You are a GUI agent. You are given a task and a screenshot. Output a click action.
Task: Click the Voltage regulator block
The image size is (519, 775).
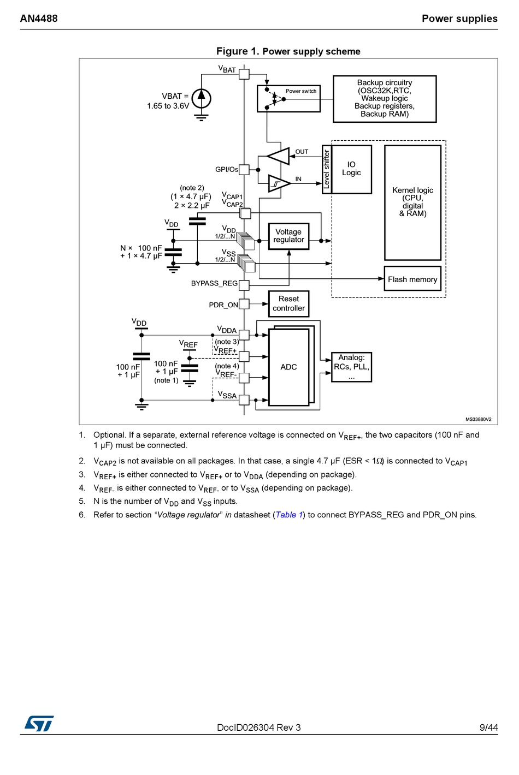(x=288, y=236)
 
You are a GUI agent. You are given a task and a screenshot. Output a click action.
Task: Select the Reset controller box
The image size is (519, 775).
(x=288, y=303)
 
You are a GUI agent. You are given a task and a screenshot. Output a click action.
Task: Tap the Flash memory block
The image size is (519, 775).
(x=412, y=278)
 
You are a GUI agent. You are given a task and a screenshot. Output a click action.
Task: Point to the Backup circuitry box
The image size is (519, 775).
(x=384, y=99)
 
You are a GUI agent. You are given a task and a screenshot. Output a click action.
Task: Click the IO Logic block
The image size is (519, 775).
(x=351, y=169)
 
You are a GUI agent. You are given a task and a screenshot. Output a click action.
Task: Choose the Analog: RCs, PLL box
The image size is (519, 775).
(x=351, y=367)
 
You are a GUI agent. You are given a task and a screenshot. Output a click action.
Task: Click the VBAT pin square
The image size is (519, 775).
(x=244, y=74)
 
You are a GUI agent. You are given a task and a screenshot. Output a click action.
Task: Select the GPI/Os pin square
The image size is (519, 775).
(x=244, y=170)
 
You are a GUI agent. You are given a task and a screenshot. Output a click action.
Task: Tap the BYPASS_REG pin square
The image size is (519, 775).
(x=244, y=285)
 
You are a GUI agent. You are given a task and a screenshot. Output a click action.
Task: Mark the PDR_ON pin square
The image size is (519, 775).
(x=244, y=304)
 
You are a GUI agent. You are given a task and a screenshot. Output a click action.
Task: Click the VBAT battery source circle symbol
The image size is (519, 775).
(x=201, y=99)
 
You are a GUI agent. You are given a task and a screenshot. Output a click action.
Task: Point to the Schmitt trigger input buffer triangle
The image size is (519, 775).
(x=279, y=183)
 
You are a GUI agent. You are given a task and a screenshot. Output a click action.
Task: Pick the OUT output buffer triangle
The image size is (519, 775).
(x=278, y=156)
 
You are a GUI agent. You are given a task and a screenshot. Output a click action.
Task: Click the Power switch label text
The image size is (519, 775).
(x=301, y=91)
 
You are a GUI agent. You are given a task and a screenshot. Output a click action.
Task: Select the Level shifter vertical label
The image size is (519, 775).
(x=327, y=169)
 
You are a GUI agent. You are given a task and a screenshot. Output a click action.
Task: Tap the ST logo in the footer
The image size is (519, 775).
(x=39, y=723)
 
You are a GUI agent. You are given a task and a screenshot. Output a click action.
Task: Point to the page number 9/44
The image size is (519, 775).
(x=488, y=728)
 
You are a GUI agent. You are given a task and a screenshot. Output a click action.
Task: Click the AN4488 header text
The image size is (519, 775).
(x=39, y=19)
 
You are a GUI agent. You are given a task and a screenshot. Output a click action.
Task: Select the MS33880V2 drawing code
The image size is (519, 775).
(x=478, y=419)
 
